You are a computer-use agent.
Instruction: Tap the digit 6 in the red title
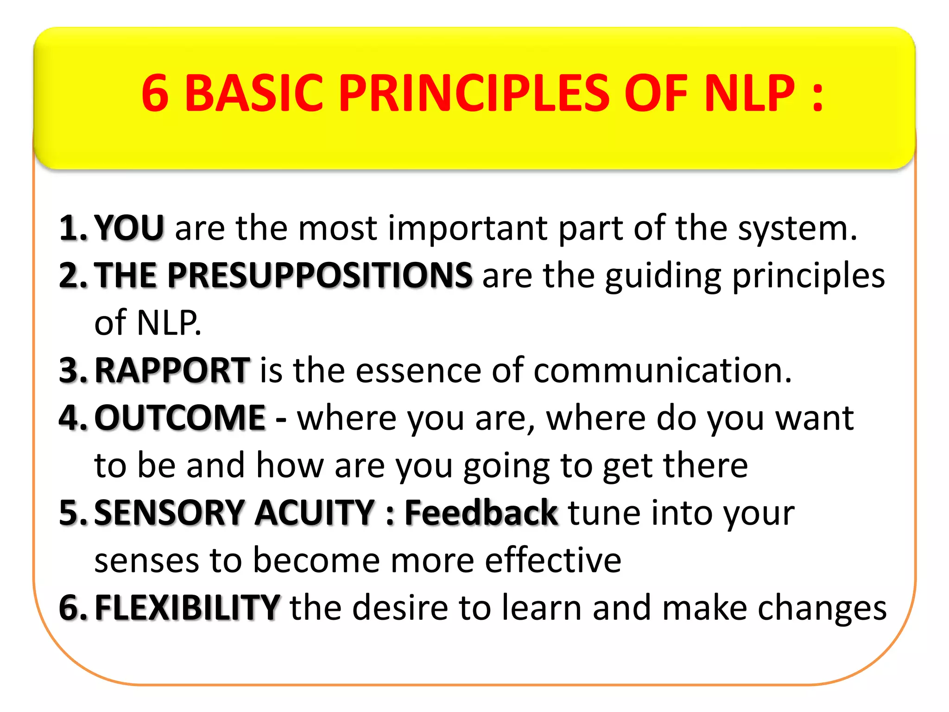click(155, 94)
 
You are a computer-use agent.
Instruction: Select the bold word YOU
click(129, 228)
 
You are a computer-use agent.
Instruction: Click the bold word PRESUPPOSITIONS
click(320, 275)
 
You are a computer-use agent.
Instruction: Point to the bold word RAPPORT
click(172, 370)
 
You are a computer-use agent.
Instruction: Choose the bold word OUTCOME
click(180, 418)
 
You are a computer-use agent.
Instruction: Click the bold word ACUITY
click(315, 513)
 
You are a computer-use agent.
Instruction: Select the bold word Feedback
click(481, 513)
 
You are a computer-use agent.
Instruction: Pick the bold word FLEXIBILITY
click(187, 608)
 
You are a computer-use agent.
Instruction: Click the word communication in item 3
click(662, 371)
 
